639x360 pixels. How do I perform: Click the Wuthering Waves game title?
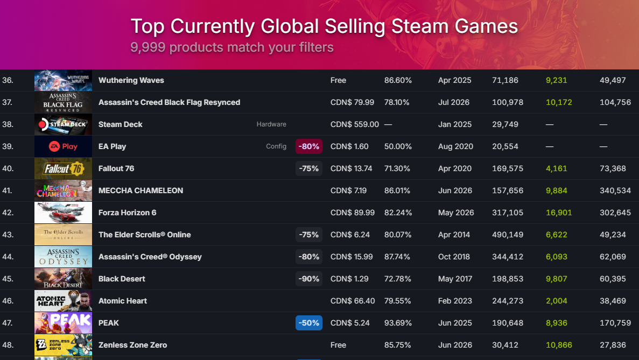[x=131, y=80]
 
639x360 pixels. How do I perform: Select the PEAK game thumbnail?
[x=63, y=323]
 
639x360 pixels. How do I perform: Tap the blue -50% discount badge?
[x=309, y=323]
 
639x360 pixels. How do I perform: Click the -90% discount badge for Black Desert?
[x=309, y=279]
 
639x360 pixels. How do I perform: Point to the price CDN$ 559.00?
[x=355, y=124]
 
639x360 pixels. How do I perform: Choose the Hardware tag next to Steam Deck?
[x=271, y=124]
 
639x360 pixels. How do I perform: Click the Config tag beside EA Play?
[x=276, y=146]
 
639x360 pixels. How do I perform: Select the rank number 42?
[x=8, y=213]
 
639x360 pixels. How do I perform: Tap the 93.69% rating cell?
[x=398, y=323]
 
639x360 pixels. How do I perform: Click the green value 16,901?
[x=559, y=213]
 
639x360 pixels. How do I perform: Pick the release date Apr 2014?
[x=454, y=235]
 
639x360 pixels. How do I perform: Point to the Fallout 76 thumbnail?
[x=63, y=168]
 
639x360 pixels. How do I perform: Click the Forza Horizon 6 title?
[x=128, y=213]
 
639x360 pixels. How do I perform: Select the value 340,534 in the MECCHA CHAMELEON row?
[x=615, y=190]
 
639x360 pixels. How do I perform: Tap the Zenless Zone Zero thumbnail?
[x=63, y=345]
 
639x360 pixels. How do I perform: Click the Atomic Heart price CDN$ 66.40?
[x=353, y=301]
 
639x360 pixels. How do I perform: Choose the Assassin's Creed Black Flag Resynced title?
[x=169, y=102]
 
